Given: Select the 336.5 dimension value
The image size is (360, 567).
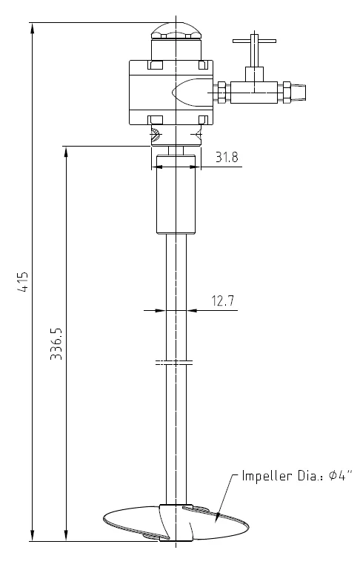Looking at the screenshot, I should pyautogui.click(x=56, y=343).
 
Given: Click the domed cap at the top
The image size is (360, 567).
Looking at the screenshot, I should pyautogui.click(x=176, y=32).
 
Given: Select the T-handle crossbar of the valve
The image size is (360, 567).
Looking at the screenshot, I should pyautogui.click(x=253, y=40).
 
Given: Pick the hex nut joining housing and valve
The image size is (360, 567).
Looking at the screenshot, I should pyautogui.click(x=221, y=92).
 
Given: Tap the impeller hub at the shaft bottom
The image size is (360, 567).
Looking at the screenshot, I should pyautogui.click(x=176, y=522).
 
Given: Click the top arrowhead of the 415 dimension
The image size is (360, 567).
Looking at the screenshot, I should pyautogui.click(x=33, y=27).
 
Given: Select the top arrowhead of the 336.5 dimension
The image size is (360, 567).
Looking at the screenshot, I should pyautogui.click(x=66, y=150).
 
